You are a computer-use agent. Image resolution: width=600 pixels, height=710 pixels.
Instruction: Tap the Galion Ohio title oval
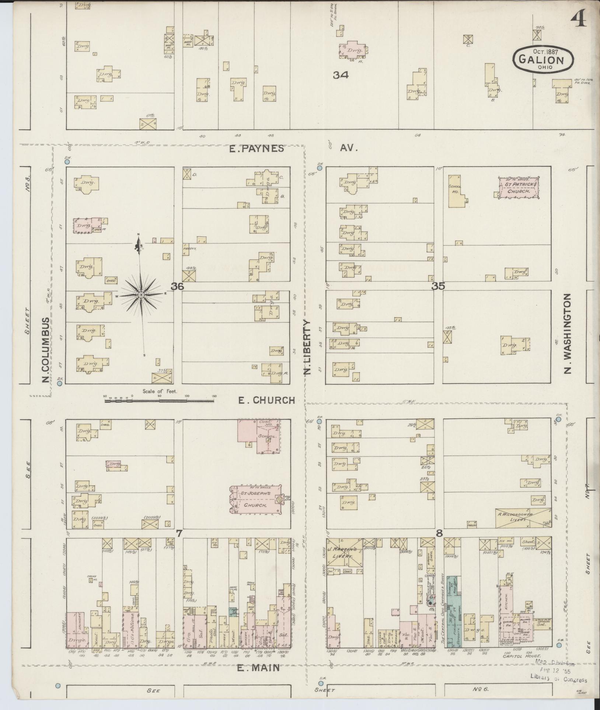(543, 60)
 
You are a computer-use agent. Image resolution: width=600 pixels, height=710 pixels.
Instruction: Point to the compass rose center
(141, 295)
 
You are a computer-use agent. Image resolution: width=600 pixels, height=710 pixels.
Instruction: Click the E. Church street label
(267, 400)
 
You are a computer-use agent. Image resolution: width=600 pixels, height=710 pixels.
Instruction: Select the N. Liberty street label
(308, 347)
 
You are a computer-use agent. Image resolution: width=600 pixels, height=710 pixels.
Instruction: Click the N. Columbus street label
(46, 350)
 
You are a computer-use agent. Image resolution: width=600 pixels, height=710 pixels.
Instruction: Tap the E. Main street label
(258, 668)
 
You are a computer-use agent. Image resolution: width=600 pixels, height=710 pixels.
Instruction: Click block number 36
(177, 286)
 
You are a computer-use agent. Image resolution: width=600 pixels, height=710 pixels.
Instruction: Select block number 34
(341, 75)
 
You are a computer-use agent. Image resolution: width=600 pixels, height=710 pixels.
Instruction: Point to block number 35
(439, 286)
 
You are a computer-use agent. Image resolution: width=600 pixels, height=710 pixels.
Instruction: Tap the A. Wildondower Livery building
(523, 518)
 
